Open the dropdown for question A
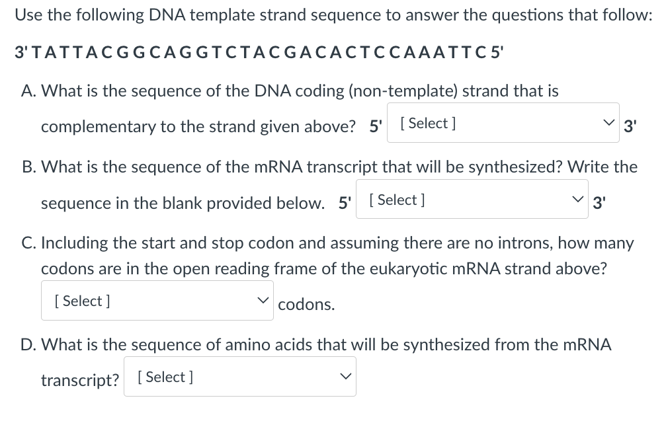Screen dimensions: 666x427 point(503,123)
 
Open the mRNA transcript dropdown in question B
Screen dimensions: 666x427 point(472,200)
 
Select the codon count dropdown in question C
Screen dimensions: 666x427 point(157,301)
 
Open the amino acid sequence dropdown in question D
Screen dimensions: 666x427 point(239,377)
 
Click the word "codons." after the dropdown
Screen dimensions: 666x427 point(306,305)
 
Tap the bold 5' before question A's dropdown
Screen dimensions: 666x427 point(376,126)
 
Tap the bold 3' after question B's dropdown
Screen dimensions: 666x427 point(599,203)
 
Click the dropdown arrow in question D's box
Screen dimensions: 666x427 point(344,377)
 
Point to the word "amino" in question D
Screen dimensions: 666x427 point(302,345)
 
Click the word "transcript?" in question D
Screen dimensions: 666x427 point(79,381)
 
